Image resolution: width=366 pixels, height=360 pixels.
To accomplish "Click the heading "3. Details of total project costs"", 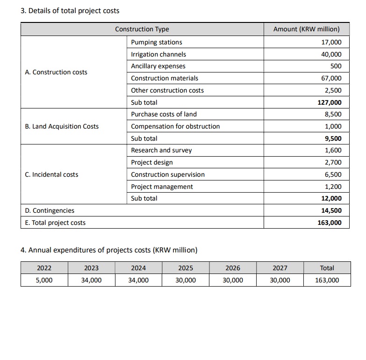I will [70, 10].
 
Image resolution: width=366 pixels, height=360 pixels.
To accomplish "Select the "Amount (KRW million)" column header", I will [306, 29].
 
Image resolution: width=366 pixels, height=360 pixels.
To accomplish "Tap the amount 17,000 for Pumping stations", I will [331, 42].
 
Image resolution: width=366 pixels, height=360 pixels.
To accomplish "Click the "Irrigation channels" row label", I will [158, 54].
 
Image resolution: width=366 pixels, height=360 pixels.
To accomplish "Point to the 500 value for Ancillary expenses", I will [336, 66].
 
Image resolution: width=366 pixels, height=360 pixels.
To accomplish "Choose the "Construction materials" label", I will [164, 78].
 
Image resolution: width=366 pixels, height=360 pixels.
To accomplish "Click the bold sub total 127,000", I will [329, 102].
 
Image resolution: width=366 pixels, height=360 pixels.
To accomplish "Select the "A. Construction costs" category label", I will [56, 72].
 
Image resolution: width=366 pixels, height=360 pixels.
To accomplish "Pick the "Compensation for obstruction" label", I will [175, 126].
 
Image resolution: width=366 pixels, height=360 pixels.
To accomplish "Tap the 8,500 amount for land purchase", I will [333, 114].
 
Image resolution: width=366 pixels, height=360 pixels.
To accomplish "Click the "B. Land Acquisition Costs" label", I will [62, 126].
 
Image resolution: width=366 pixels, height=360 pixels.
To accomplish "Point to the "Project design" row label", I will [151, 162].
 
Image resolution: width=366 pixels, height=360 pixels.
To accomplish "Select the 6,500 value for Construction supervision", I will [333, 174].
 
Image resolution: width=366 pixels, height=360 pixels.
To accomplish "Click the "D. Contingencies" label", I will [50, 210].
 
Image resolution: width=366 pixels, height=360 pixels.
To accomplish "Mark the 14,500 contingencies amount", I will [331, 210].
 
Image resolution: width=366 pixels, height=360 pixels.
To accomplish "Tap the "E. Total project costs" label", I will [55, 223].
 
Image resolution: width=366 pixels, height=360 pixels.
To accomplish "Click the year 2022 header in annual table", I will [44, 268].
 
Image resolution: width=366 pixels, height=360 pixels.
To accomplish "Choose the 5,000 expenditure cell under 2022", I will [44, 280].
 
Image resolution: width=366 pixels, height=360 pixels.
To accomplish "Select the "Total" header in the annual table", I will [327, 268].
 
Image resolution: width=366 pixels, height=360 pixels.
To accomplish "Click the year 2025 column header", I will [186, 268].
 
